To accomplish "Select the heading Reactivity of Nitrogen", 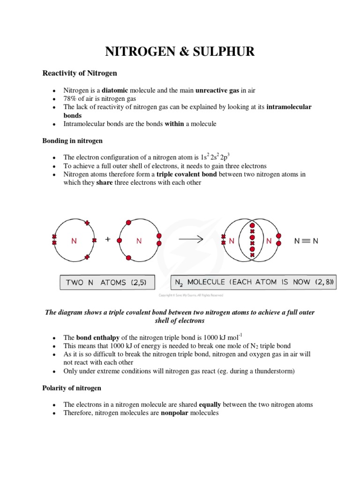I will [x=80, y=73].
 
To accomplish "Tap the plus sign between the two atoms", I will [x=108, y=239].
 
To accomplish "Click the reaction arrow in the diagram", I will [x=191, y=239].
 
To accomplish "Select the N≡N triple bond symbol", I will [x=306, y=241].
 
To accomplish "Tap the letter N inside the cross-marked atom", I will [x=74, y=241].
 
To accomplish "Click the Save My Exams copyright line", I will [x=191, y=295].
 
